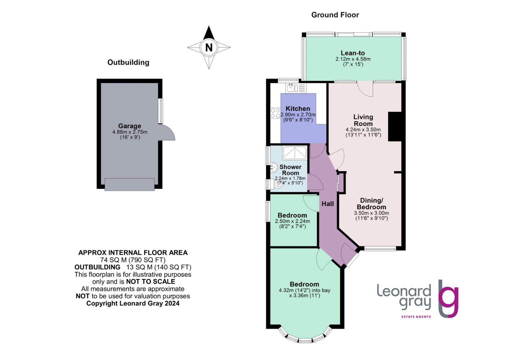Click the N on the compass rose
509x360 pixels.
point(209,48)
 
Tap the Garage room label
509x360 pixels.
point(130,126)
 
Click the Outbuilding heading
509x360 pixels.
point(128,62)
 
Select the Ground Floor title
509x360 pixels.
point(335,15)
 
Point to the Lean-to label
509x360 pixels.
point(352,53)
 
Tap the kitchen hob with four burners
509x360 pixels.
point(275,113)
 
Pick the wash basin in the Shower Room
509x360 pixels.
point(274,167)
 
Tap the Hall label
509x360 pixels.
point(327,204)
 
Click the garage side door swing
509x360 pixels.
point(168,133)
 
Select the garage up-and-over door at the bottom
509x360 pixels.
point(130,184)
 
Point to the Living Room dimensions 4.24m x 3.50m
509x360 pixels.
point(363,130)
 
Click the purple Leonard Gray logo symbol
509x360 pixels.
point(448,299)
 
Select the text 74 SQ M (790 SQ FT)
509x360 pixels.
point(133,260)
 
